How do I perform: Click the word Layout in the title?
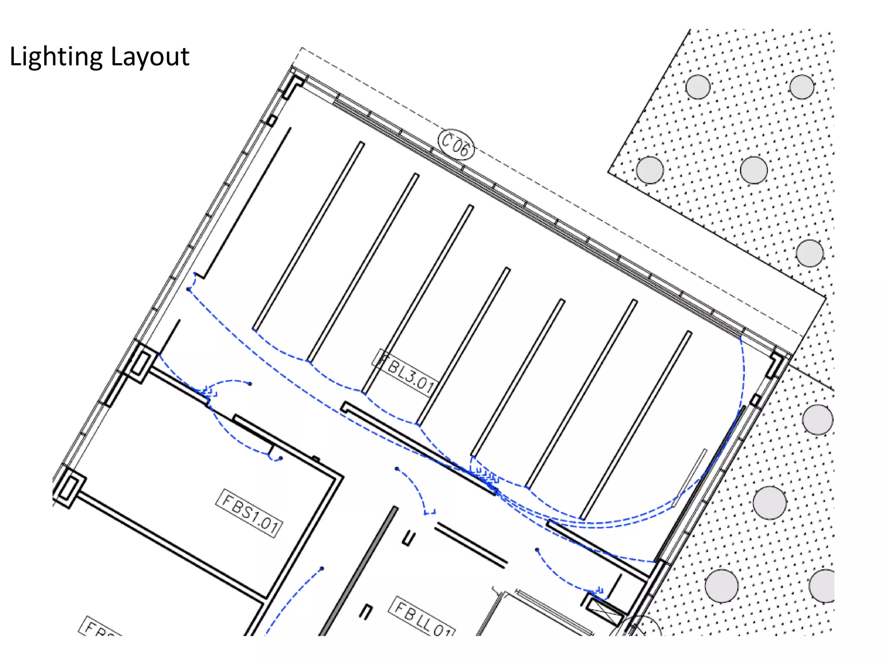pos(150,56)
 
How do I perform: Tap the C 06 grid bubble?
pos(456,145)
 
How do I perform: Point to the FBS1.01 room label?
pos(249,513)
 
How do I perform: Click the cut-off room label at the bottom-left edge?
pos(99,627)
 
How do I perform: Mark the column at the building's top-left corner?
pos(293,87)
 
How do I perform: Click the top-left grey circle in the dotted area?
pos(698,87)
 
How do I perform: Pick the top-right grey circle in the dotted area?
pos(801,87)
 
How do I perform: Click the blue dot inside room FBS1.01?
pos(281,458)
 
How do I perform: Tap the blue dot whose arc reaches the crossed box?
pos(537,550)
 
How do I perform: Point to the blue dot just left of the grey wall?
pos(322,568)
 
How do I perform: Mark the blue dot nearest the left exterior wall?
pos(188,289)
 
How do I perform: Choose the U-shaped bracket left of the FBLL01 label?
pos(366,611)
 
